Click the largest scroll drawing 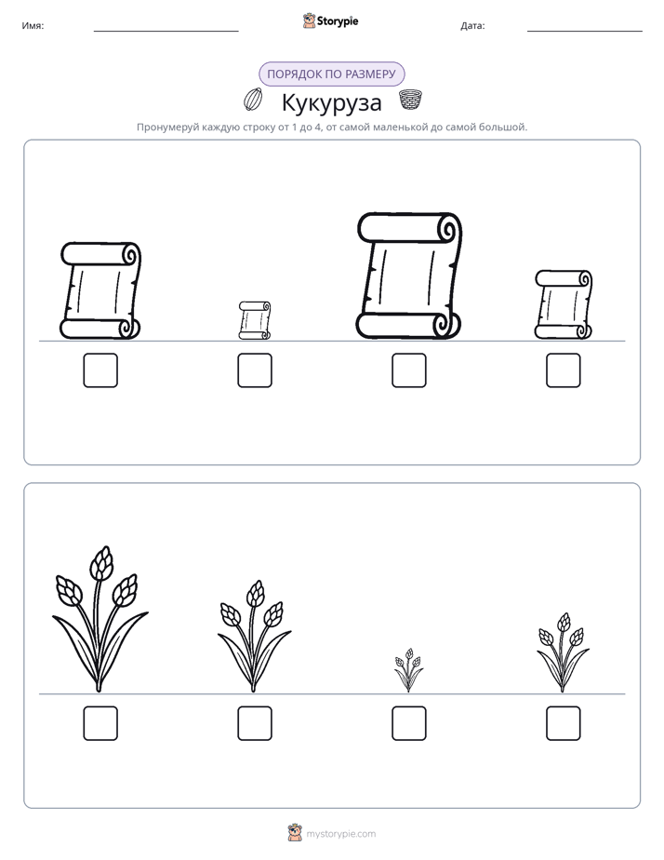pos(408,275)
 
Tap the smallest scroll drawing pos(255,320)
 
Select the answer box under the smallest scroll pos(255,370)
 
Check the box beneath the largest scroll pos(409,370)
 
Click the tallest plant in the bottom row pos(100,619)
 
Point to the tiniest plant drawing pos(408,670)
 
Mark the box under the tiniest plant pos(409,723)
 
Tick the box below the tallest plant pos(100,723)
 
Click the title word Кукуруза pos(331,103)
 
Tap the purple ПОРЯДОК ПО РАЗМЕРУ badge pos(331,74)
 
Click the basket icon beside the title pos(410,100)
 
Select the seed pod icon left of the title pos(253,100)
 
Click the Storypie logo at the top pos(331,20)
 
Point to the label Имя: pos(33,25)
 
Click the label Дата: pos(472,25)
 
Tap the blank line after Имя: pos(166,32)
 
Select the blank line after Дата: pos(585,32)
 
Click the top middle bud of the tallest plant pos(100,563)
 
